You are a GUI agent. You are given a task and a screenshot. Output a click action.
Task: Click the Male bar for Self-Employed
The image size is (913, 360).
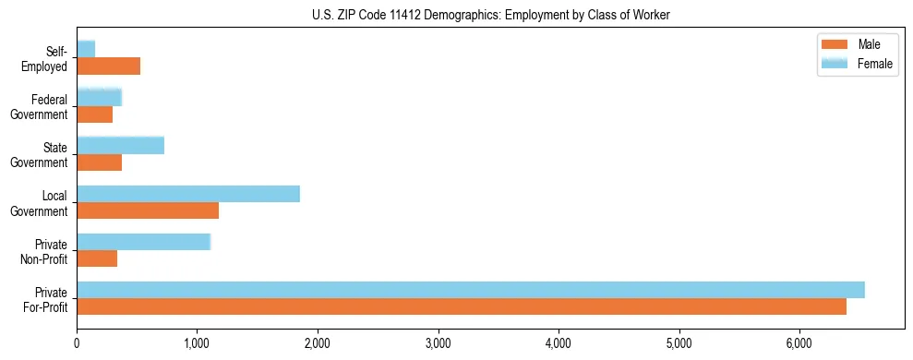tap(108, 66)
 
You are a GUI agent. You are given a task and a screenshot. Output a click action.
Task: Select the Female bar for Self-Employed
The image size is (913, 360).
tap(86, 49)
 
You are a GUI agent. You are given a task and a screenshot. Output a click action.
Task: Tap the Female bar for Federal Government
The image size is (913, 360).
tap(99, 97)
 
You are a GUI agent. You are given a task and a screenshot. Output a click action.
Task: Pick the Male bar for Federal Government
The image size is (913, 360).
tap(94, 114)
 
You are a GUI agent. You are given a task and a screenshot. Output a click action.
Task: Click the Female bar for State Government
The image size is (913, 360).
tap(120, 145)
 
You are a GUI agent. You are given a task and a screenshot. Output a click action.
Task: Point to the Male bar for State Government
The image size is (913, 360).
tap(99, 162)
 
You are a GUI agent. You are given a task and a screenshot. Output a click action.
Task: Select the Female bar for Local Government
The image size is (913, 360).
tap(188, 193)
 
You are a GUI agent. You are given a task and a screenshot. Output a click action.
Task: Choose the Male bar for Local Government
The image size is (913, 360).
tap(148, 210)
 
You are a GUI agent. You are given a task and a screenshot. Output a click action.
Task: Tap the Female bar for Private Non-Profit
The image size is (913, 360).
tap(143, 242)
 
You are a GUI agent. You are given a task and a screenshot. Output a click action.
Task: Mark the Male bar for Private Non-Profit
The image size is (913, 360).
tap(97, 259)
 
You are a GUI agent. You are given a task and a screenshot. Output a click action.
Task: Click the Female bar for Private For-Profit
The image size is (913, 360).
tap(471, 290)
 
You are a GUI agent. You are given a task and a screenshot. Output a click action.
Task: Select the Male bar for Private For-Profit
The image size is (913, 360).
tap(462, 307)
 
